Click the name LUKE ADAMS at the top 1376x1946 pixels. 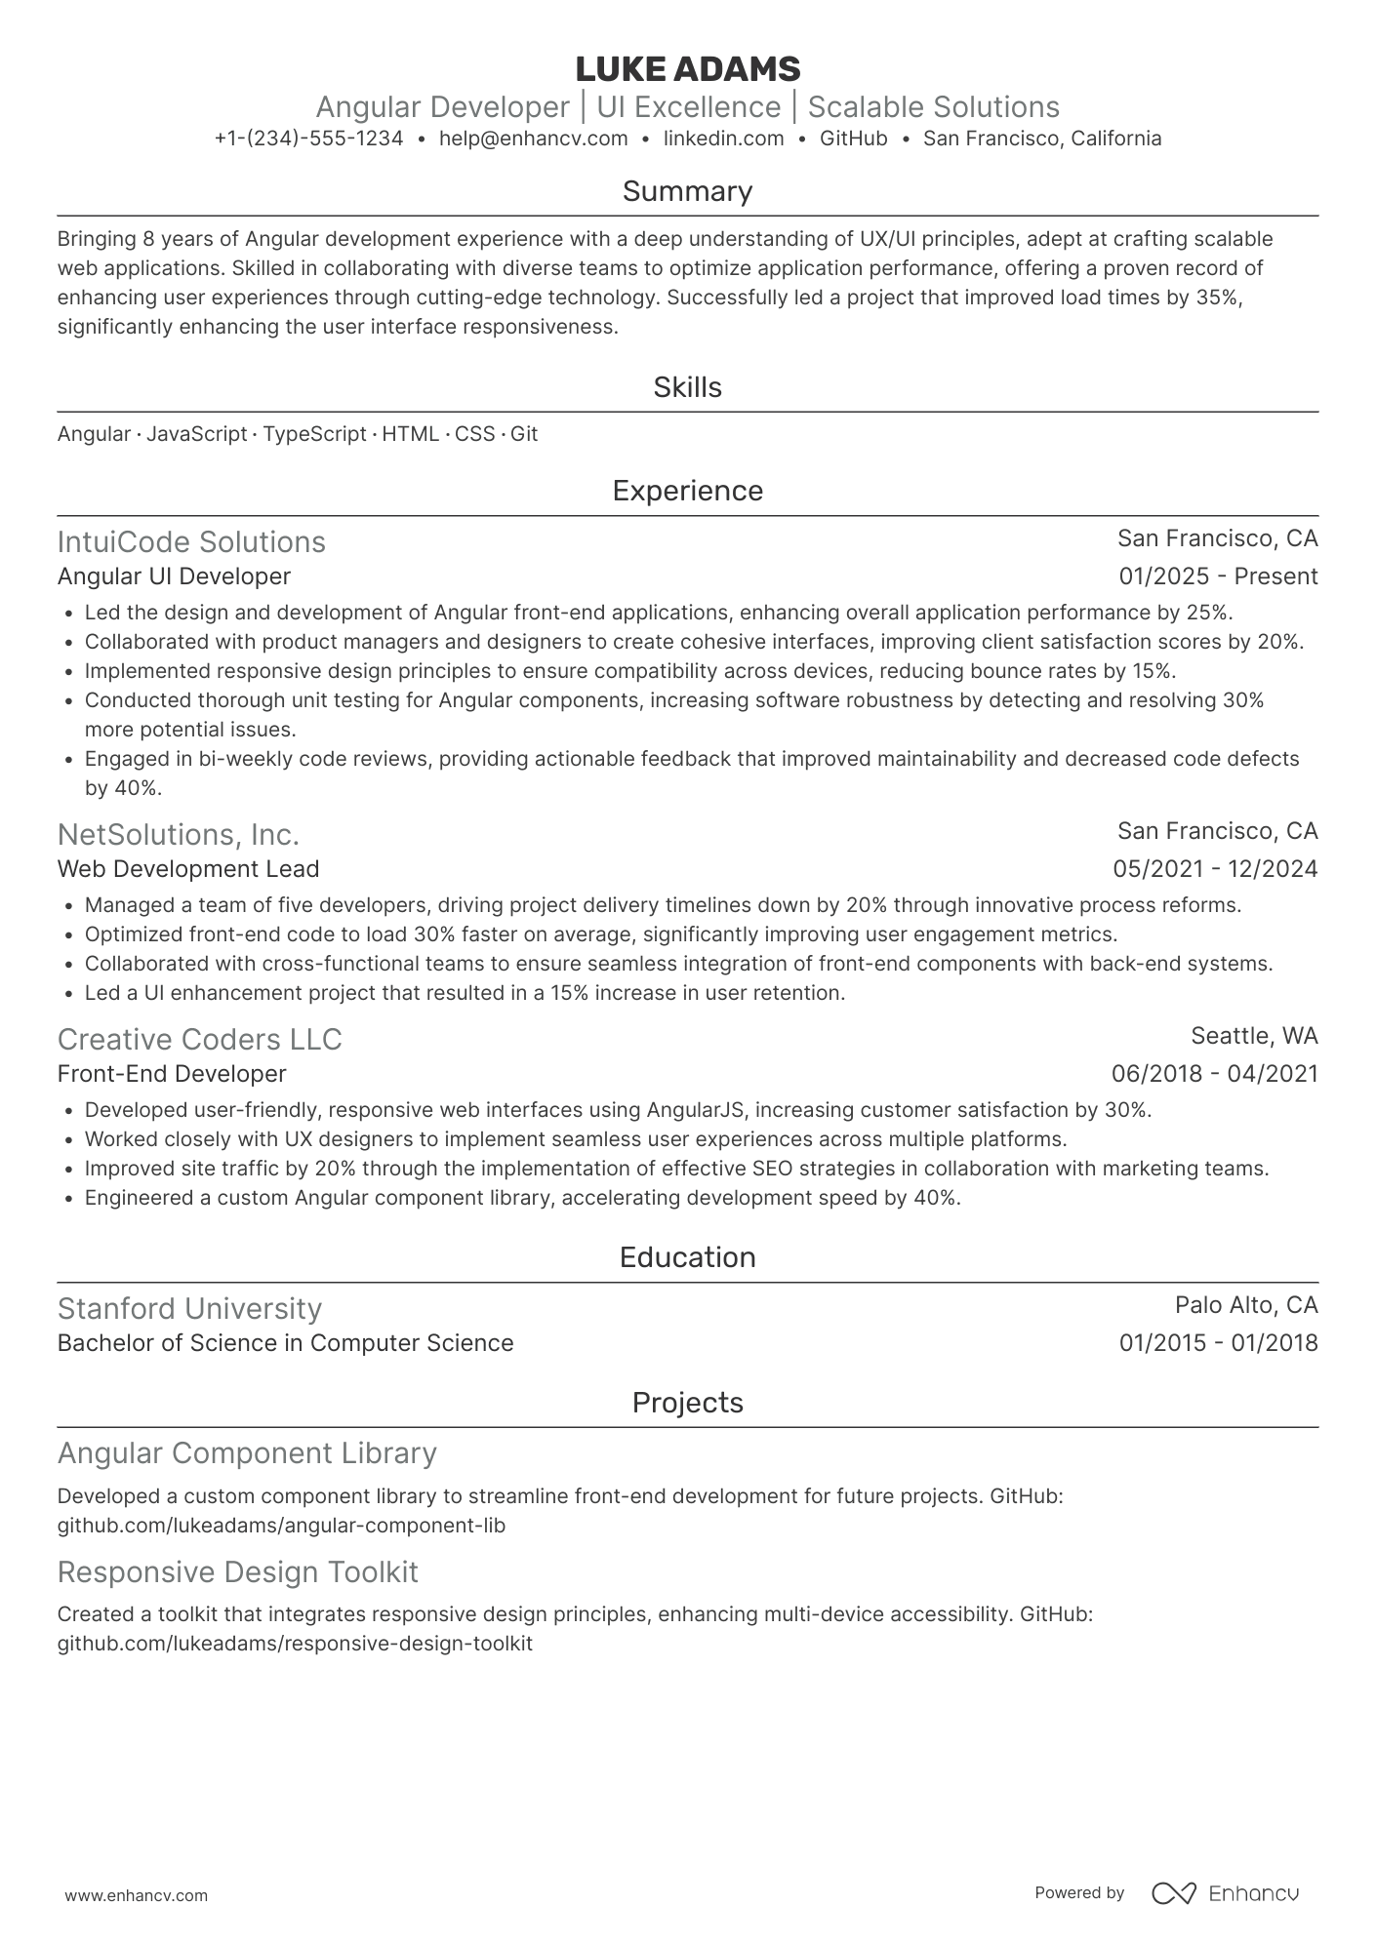coord(687,69)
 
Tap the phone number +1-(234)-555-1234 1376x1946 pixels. coord(308,139)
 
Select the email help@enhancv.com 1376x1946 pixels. coord(533,139)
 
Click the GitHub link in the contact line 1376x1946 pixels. coord(853,139)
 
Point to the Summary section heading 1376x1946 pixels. coord(687,191)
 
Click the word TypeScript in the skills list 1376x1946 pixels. coord(314,434)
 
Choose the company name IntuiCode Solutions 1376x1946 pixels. coord(191,541)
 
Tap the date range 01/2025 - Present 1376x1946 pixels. coord(1218,576)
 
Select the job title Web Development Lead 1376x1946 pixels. coord(188,869)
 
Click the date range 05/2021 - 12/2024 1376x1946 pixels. coord(1215,869)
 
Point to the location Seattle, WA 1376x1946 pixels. coord(1254,1035)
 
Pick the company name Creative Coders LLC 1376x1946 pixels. coord(199,1039)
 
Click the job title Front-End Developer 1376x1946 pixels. coord(172,1074)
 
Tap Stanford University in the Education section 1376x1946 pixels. coord(189,1308)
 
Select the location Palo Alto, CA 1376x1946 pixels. coord(1246,1305)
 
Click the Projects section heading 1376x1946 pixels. coord(687,1403)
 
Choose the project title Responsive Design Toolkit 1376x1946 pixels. coord(237,1571)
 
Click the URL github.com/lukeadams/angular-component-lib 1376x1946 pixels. coord(281,1525)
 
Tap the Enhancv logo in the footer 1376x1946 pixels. coord(1225,1893)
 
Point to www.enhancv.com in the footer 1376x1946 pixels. coord(136,1895)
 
